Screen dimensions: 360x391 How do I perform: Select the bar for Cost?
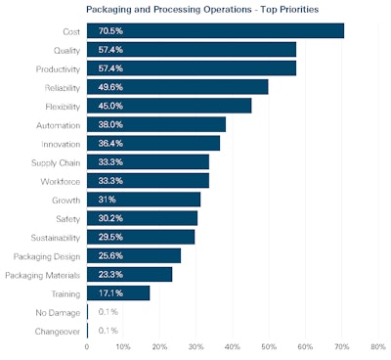[x=215, y=31]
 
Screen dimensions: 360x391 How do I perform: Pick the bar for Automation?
[x=156, y=124]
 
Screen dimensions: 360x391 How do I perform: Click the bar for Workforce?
[x=148, y=180]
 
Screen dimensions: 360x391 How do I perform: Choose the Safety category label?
[x=66, y=217]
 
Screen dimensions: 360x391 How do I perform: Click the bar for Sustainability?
[x=141, y=237]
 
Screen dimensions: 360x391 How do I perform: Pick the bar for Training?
[x=118, y=292]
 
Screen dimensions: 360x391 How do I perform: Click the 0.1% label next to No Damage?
[x=108, y=311]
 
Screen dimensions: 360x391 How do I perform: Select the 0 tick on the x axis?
[x=87, y=346]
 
